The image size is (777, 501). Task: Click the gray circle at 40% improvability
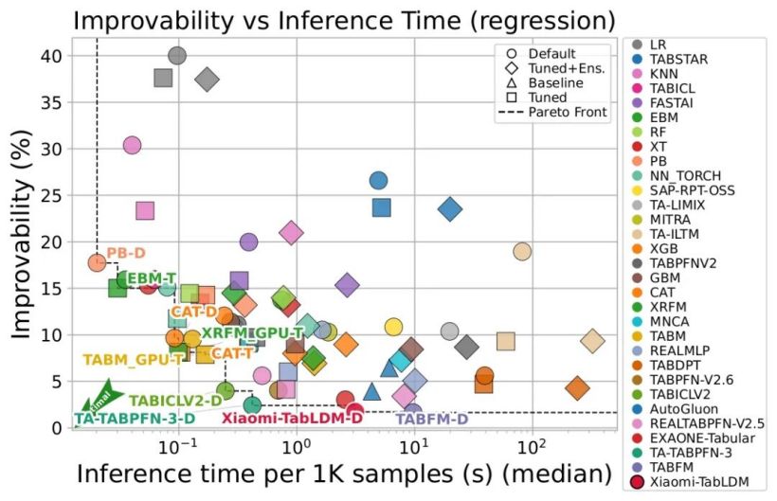[177, 56]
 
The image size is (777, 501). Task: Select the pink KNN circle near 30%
[133, 145]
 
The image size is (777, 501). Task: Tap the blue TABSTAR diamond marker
[450, 209]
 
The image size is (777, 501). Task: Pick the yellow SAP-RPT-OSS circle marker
[393, 327]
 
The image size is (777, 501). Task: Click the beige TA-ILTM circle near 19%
[522, 252]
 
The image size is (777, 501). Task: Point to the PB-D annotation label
[126, 253]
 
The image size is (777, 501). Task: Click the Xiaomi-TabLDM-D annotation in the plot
[292, 419]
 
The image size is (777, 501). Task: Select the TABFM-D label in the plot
[431, 420]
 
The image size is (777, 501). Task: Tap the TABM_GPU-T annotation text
[133, 360]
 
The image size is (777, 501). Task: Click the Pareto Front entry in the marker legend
[552, 112]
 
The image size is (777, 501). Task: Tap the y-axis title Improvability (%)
[22, 235]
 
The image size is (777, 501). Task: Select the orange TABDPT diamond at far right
[577, 387]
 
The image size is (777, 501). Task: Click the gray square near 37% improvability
[163, 79]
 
